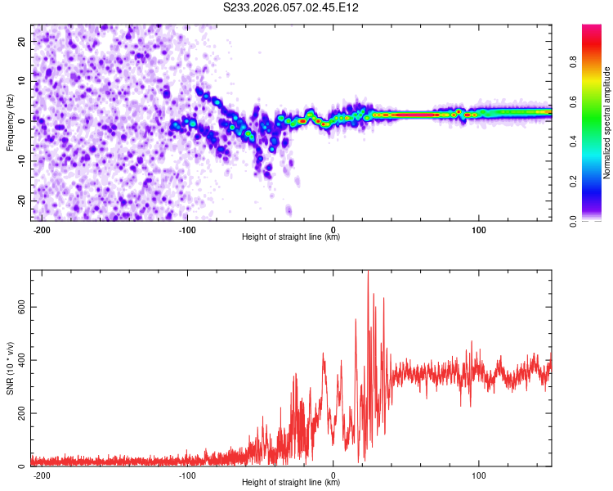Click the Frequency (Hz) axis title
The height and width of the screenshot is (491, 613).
point(10,122)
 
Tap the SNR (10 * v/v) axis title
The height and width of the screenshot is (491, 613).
point(10,368)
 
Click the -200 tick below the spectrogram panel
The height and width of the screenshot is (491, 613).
point(42,229)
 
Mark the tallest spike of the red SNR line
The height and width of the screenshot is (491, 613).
point(368,273)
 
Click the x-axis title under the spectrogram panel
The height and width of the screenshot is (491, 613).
point(291,237)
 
